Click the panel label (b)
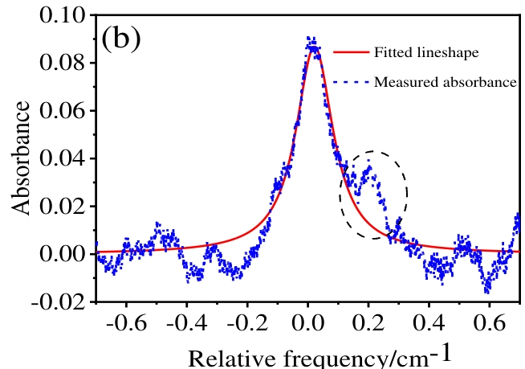[x=121, y=39]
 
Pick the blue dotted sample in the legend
[x=351, y=81]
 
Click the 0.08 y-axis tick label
[x=67, y=63]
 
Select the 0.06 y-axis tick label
[x=67, y=110]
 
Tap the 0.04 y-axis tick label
[x=67, y=158]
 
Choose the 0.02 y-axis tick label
[x=67, y=206]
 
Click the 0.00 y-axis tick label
[x=67, y=254]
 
